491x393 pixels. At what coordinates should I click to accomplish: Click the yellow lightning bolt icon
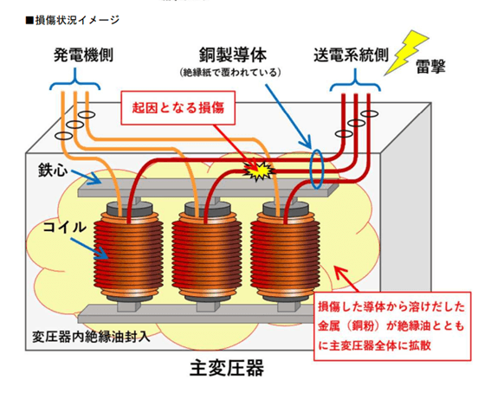coord(406,52)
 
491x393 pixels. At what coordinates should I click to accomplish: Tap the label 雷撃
coord(430,67)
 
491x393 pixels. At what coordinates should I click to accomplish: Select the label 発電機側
coord(83,55)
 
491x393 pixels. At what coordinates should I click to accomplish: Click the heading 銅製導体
coord(233,55)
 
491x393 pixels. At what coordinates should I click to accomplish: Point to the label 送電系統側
coord(351,55)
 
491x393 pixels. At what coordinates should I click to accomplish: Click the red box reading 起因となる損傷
coord(178,108)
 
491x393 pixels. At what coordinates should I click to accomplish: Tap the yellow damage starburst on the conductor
coord(259,171)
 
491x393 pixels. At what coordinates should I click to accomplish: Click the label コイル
coord(64,227)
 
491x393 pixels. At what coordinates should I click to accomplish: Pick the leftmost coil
coord(128,254)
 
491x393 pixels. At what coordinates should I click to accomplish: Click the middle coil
coord(207,254)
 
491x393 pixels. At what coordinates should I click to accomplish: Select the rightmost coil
coord(285,254)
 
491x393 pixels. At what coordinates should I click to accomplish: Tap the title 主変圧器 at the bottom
coord(227,368)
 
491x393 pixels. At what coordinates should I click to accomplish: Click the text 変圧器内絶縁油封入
coord(91,337)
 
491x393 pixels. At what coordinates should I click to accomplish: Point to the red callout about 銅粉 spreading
coord(392,326)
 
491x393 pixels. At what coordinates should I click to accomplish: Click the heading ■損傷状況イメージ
coord(73,20)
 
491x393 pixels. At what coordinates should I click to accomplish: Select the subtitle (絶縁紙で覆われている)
coord(230,73)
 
